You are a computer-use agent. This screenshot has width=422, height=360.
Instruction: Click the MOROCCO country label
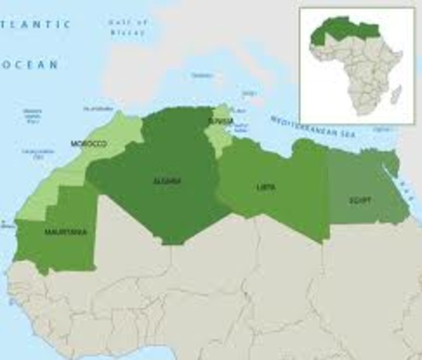[x=88, y=143]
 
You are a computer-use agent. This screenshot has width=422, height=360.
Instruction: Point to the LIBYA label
[x=265, y=187]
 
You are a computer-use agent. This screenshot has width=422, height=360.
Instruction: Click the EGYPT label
[x=360, y=200]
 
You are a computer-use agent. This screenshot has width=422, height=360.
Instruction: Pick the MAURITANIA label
[x=65, y=232]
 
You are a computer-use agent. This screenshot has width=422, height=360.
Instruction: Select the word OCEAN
[x=31, y=65]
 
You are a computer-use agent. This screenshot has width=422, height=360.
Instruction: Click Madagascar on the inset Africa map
[x=397, y=95]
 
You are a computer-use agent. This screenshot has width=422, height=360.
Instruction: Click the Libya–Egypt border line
[x=328, y=195]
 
